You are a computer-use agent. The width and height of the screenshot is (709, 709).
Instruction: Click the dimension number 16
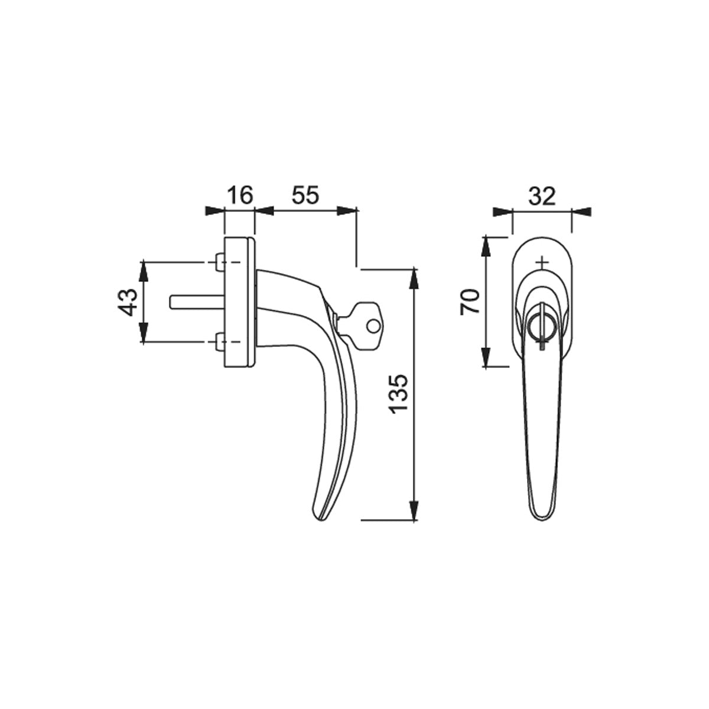(240, 195)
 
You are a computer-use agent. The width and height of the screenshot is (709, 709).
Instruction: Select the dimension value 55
(305, 195)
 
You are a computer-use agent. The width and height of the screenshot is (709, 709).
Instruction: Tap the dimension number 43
(128, 302)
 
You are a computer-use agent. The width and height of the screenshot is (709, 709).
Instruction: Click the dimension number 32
(542, 197)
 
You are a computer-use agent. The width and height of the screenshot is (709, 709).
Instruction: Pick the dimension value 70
(470, 301)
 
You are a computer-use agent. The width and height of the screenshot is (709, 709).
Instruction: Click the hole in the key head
(372, 325)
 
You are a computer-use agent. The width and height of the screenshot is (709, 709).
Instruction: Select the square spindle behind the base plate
(197, 301)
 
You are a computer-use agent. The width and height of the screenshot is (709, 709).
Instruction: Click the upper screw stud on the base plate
(220, 262)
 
